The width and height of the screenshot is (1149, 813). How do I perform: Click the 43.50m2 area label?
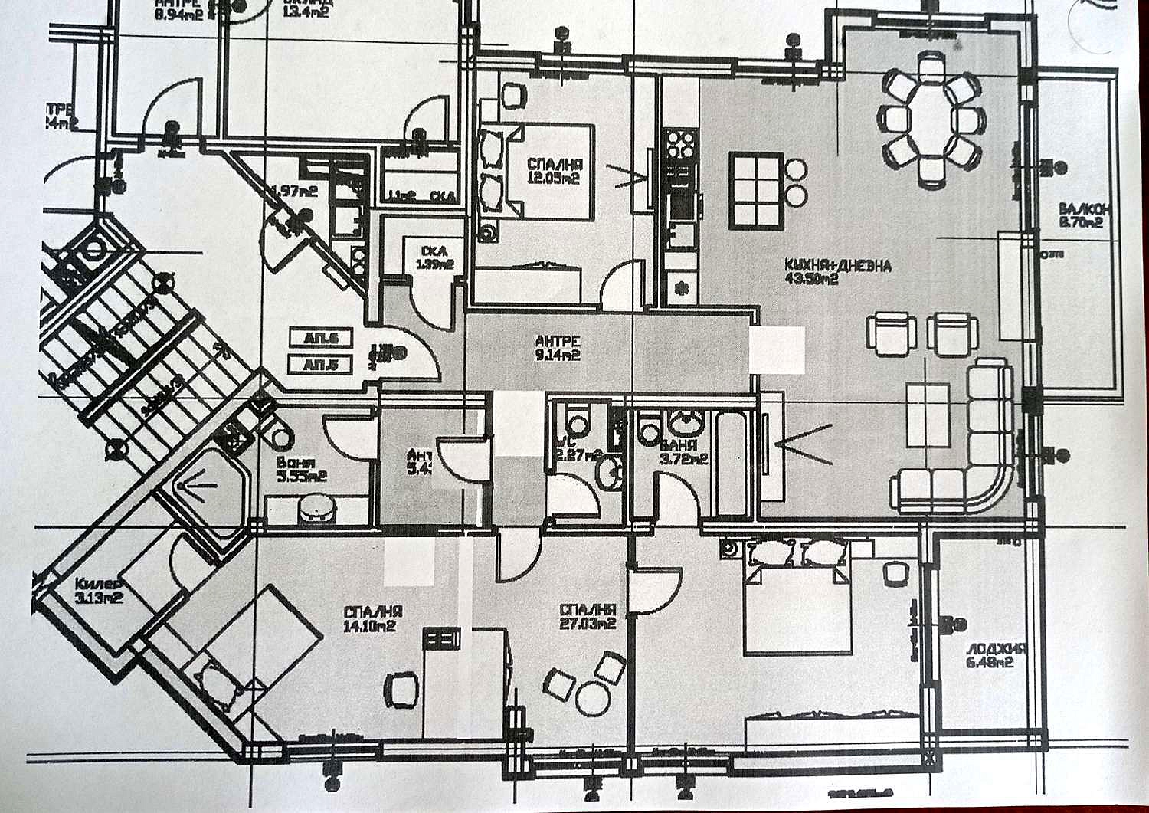(x=811, y=279)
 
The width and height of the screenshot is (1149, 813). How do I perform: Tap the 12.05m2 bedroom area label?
(x=553, y=179)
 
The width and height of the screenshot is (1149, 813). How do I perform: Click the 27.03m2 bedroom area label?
(x=588, y=624)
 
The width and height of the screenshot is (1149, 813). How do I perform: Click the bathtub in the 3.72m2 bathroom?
(x=732, y=464)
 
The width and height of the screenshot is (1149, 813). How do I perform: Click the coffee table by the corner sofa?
(x=928, y=415)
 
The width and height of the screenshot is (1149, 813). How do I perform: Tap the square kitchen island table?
(x=755, y=192)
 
